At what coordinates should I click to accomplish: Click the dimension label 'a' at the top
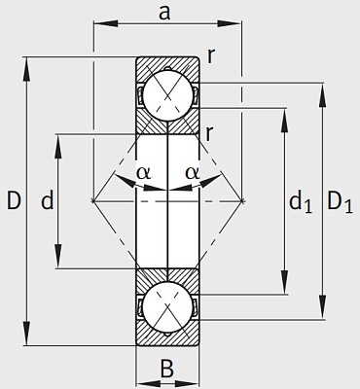pyautogui.click(x=164, y=13)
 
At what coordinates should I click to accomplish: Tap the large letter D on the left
pyautogui.click(x=14, y=200)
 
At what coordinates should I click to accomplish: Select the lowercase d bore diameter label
pyautogui.click(x=48, y=200)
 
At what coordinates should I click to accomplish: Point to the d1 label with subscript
pyautogui.click(x=301, y=202)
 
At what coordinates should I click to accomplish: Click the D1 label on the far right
pyautogui.click(x=340, y=202)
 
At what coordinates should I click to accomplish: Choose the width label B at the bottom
pyautogui.click(x=167, y=369)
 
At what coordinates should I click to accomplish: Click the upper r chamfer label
pyautogui.click(x=211, y=56)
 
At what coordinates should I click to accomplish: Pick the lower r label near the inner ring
pyautogui.click(x=209, y=133)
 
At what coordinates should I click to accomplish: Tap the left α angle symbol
pyautogui.click(x=143, y=173)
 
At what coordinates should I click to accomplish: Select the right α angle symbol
pyautogui.click(x=193, y=173)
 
